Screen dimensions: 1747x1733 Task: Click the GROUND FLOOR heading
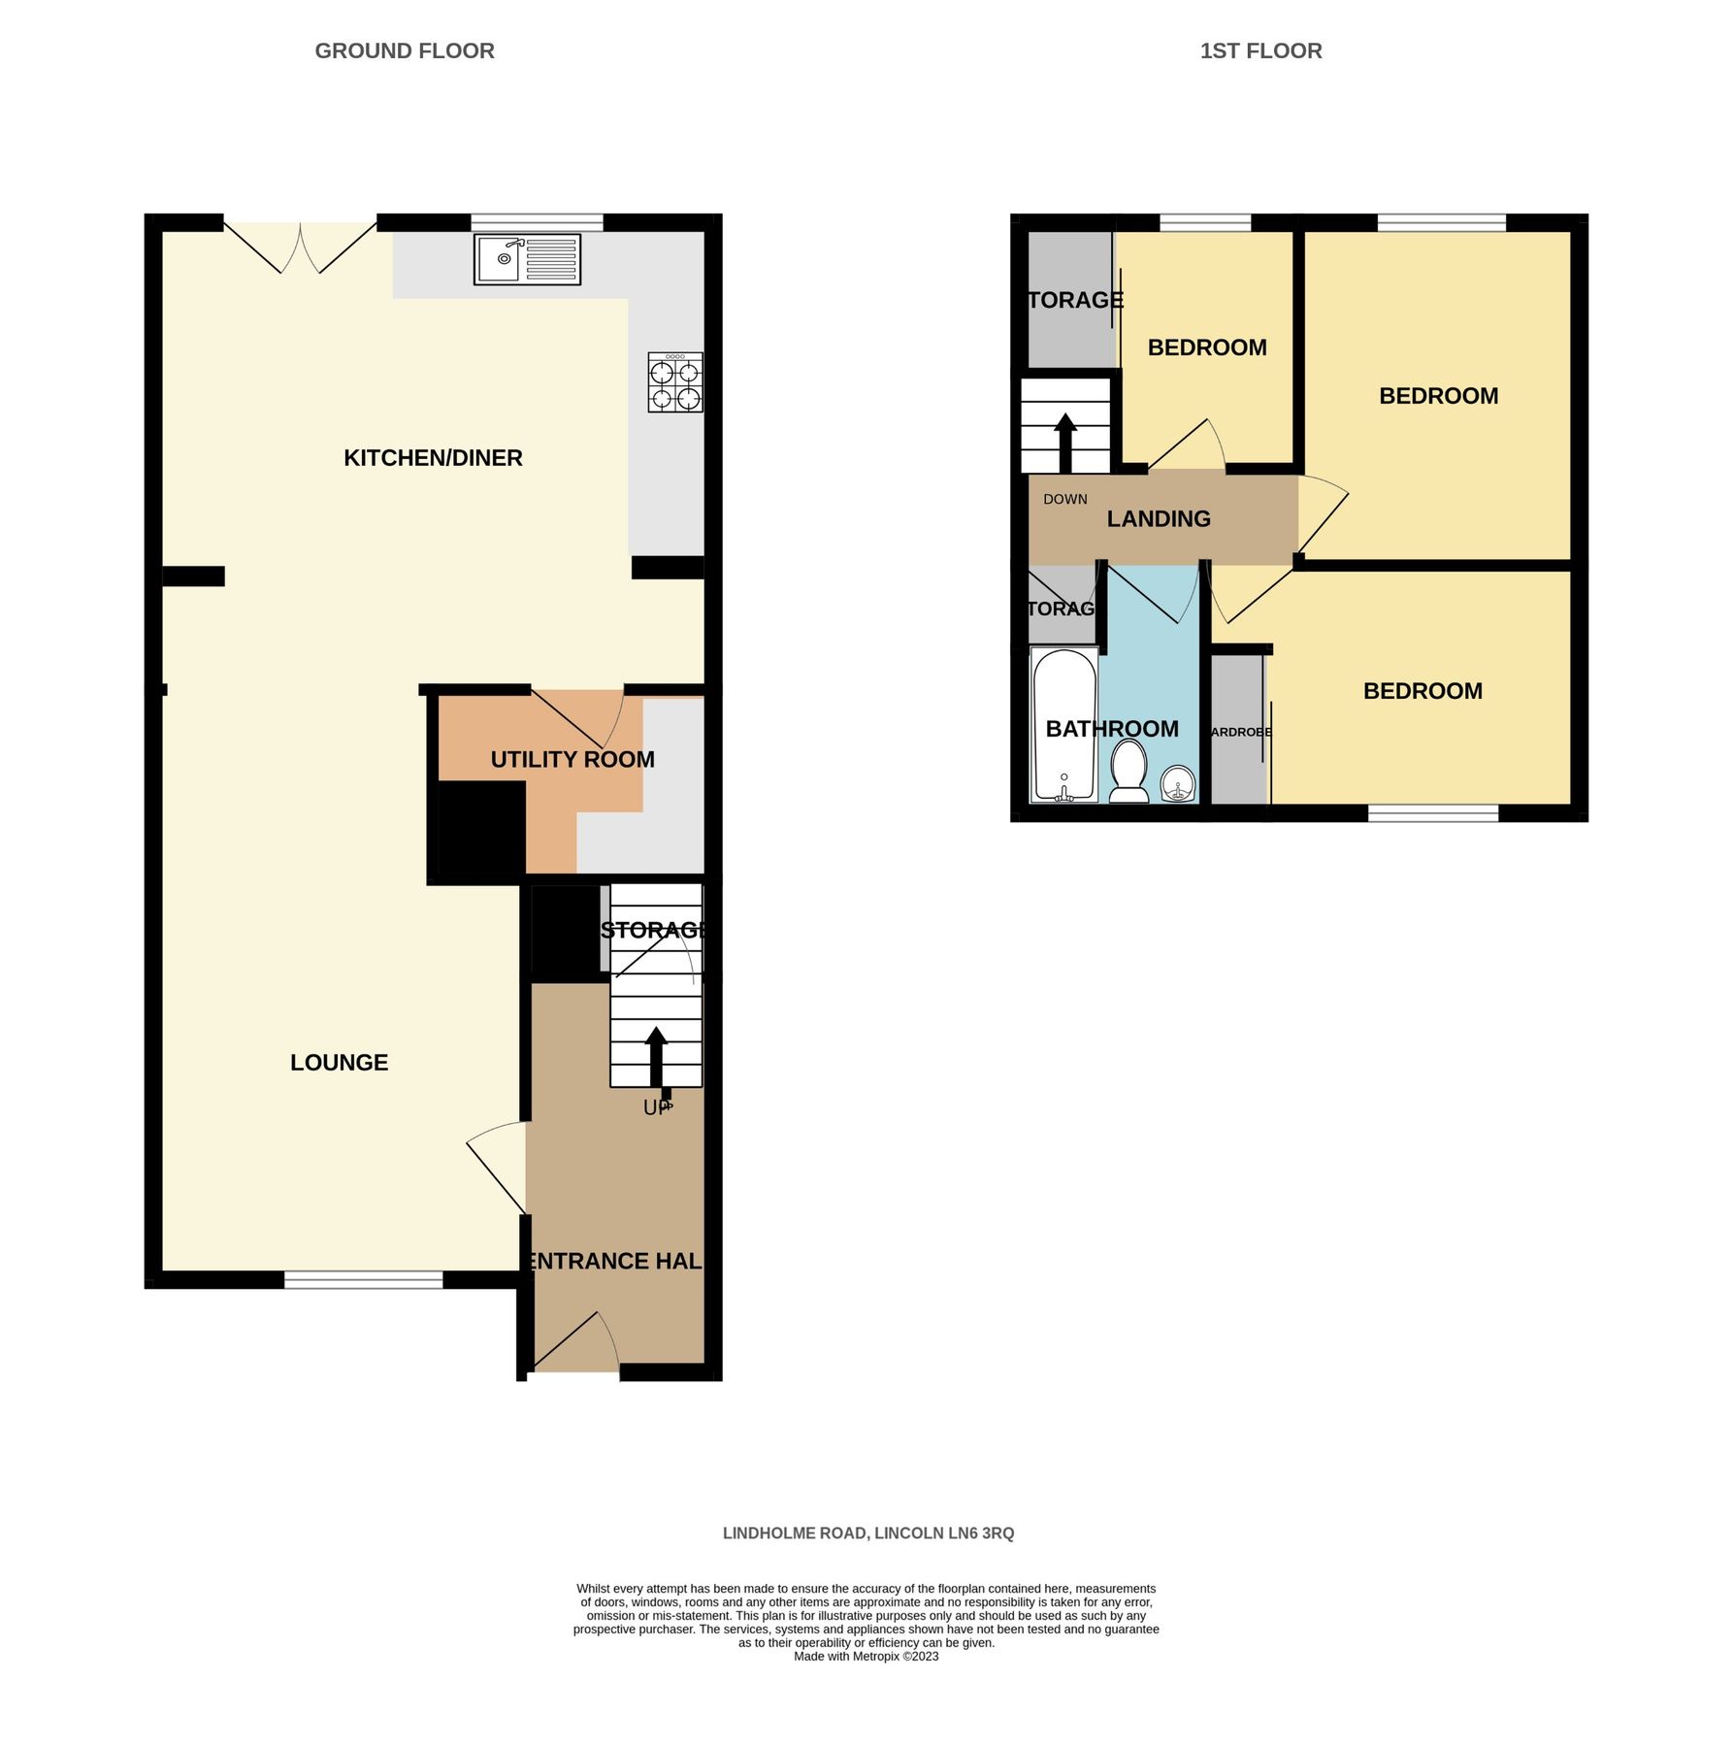point(405,51)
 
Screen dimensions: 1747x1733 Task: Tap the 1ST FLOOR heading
point(1260,51)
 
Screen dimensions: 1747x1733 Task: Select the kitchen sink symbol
point(527,259)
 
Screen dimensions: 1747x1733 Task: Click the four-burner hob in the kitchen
point(675,382)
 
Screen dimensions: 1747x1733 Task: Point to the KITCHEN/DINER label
point(433,458)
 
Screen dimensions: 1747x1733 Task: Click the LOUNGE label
point(339,1063)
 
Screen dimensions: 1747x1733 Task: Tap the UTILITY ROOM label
point(572,760)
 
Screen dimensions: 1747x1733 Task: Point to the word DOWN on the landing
point(1064,500)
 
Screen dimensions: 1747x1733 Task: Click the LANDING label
point(1159,519)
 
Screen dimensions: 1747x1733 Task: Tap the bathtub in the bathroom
point(1063,725)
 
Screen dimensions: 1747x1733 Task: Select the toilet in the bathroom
point(1128,773)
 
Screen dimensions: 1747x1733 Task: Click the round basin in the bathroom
point(1178,782)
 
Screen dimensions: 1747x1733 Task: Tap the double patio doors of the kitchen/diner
point(301,247)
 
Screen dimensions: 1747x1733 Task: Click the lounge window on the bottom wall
point(364,1280)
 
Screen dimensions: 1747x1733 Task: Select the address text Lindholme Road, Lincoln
point(867,1533)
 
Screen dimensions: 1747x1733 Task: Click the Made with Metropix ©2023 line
point(866,1657)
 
